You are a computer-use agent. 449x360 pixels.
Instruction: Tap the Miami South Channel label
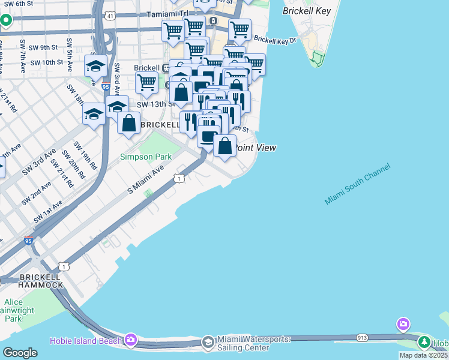pos(357,184)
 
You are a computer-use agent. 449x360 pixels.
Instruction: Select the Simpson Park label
pos(146,157)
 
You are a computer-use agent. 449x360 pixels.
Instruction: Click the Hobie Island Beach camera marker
pos(131,340)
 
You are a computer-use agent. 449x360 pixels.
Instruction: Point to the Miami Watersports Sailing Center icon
pos(208,342)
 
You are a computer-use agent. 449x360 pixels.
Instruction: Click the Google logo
pos(20,352)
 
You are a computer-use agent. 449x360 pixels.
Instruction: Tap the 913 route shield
pos(362,338)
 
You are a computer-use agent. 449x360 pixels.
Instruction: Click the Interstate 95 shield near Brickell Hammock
pos(29,241)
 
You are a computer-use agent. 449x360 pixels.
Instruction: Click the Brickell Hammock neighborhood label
pos(40,280)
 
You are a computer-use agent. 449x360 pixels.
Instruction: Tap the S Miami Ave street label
pos(145,180)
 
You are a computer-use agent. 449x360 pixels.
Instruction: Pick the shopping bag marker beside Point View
pos(224,146)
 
